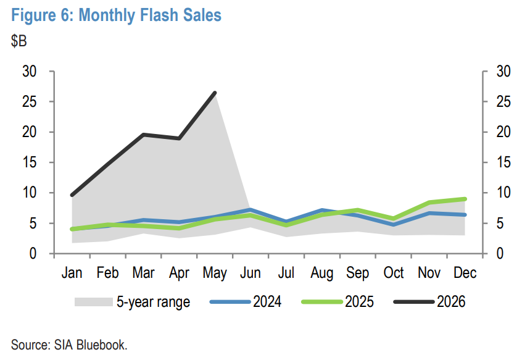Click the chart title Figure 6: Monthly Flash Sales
point(116,15)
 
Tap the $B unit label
point(19,41)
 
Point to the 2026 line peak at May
point(215,93)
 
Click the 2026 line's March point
point(144,135)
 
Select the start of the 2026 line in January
point(72,195)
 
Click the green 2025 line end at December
point(465,199)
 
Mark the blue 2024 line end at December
point(465,214)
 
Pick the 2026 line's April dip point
point(179,138)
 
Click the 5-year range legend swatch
point(94,302)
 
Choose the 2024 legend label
point(267,302)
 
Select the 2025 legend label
point(359,302)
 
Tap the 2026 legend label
point(451,302)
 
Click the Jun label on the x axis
point(251,273)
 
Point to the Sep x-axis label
point(358,274)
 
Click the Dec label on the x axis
point(465,273)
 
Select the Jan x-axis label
point(72,273)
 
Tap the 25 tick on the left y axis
point(30,101)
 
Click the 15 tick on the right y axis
point(503,162)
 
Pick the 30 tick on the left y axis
point(30,72)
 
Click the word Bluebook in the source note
point(102,345)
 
